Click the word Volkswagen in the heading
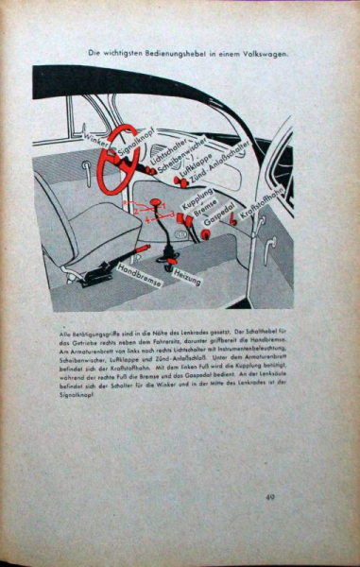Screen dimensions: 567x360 [x=264, y=53]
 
